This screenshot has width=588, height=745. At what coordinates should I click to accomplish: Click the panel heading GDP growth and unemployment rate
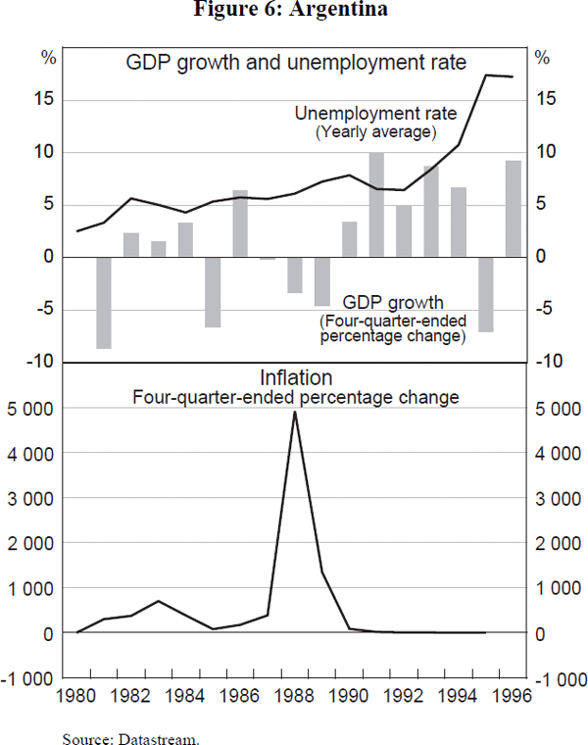point(295,64)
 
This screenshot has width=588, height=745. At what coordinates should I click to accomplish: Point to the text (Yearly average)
point(375,131)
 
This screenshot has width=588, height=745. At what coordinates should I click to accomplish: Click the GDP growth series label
point(392,302)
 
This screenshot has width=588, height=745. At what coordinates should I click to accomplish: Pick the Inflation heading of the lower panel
point(296,377)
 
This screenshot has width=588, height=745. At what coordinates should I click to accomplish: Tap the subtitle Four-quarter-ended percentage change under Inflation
point(296,398)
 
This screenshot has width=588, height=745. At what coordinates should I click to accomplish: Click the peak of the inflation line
point(295,412)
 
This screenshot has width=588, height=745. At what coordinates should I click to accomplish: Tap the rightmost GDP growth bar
point(513,208)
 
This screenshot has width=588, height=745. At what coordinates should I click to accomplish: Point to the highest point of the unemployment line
point(486,74)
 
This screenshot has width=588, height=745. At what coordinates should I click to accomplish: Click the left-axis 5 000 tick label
point(32,409)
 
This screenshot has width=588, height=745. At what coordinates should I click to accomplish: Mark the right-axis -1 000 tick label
point(556,678)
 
